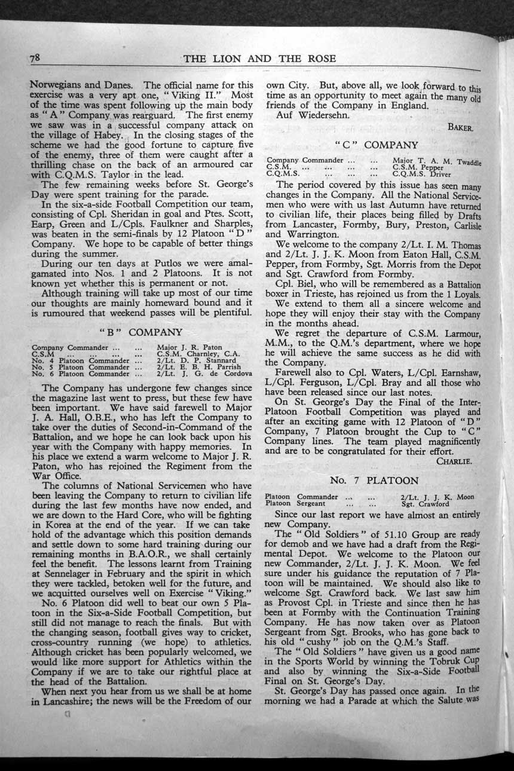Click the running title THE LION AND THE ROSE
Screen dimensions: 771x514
(x=260, y=58)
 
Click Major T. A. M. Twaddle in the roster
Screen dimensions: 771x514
(x=437, y=161)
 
